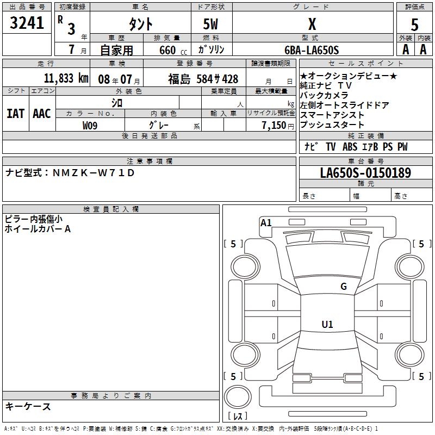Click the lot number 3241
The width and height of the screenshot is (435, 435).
click(27, 24)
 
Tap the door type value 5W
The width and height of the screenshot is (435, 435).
click(212, 24)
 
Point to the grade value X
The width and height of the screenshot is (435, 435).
click(312, 24)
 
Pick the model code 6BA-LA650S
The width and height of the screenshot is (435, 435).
click(312, 50)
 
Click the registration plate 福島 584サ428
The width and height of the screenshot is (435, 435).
click(203, 78)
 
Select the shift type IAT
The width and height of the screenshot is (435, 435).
click(15, 113)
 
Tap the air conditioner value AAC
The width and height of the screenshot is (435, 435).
click(42, 113)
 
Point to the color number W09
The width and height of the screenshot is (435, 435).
click(90, 125)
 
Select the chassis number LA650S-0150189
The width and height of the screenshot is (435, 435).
click(365, 173)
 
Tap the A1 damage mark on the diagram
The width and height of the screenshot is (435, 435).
click(266, 222)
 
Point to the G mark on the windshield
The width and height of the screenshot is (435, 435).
click(343, 287)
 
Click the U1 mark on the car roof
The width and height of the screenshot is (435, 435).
click(327, 325)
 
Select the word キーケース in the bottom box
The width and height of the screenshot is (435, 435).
click(28, 406)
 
